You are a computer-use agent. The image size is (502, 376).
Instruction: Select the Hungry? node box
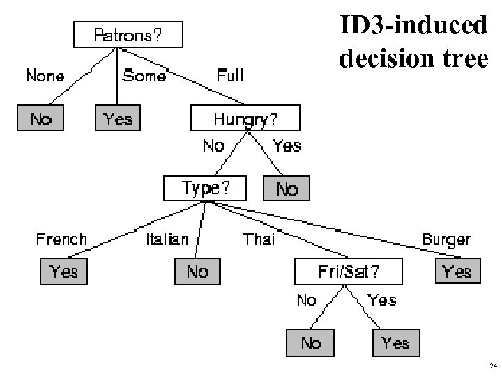tap(245, 118)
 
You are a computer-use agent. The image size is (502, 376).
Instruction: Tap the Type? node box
tap(204, 188)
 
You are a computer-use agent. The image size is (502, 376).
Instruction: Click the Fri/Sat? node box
tap(349, 271)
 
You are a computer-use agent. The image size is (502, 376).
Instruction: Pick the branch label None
tap(45, 75)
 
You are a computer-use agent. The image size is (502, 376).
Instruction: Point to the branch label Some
tap(144, 75)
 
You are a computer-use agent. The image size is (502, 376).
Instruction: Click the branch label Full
tap(230, 75)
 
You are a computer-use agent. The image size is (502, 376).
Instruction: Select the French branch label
tap(61, 240)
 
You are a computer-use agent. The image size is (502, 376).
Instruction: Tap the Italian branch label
tap(167, 240)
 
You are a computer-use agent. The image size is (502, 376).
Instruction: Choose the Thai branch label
tap(259, 240)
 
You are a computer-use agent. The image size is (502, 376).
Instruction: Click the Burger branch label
tap(446, 240)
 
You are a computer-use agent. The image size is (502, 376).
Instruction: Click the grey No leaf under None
tap(41, 119)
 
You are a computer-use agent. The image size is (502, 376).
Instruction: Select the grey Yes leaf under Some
tap(118, 119)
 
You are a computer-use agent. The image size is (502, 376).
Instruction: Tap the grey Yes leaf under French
tap(64, 271)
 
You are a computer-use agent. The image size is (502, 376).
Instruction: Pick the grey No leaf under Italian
tap(197, 271)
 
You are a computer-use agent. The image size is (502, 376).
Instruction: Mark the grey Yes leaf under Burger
tap(457, 271)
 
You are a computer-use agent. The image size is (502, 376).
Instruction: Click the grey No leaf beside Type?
tap(287, 188)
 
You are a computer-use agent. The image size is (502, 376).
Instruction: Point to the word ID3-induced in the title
tap(413, 26)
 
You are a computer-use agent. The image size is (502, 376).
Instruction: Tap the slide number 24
tap(493, 366)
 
